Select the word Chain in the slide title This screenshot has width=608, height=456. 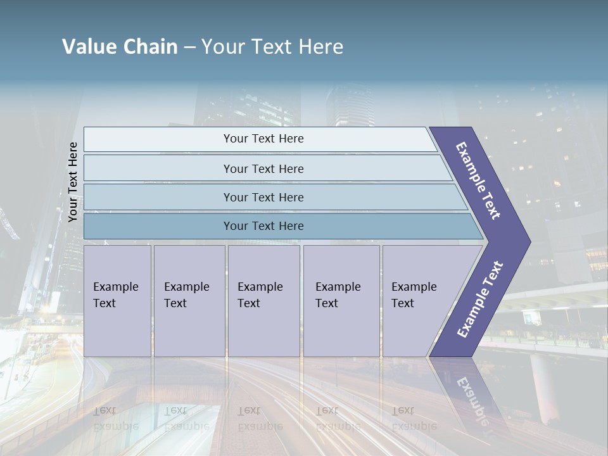[150, 47]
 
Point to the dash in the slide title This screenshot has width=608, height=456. [189, 47]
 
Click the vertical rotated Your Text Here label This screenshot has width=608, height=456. [73, 182]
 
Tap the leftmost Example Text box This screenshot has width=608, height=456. [117, 301]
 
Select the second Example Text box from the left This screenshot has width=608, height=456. [189, 301]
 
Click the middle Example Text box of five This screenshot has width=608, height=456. [263, 301]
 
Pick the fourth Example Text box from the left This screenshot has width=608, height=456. [341, 301]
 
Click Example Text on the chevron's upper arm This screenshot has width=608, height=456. [479, 180]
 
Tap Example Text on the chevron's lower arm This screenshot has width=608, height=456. [479, 300]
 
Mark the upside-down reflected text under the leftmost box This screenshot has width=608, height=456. [115, 418]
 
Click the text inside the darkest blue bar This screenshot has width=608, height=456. [263, 226]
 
